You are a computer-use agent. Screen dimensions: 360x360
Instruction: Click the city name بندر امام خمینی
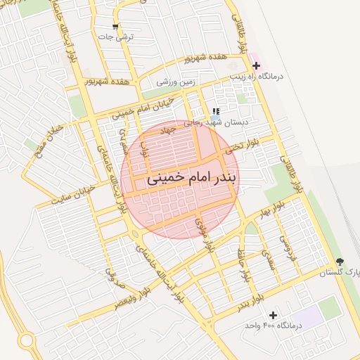tap(192, 179)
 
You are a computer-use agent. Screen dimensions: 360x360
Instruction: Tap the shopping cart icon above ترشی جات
tap(115, 27)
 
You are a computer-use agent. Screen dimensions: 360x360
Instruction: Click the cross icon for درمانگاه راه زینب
tap(257, 65)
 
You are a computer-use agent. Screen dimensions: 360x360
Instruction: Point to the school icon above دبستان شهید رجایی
tap(216, 111)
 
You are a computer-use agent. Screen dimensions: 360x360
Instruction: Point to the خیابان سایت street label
tap(70, 198)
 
